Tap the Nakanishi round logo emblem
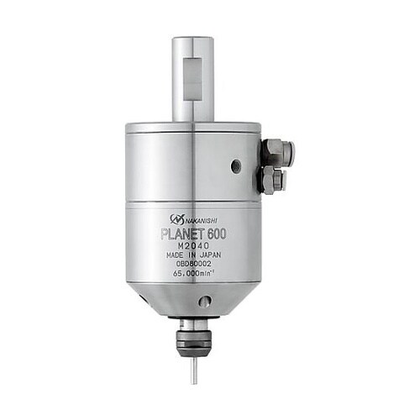click(x=177, y=218)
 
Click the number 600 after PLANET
click(x=217, y=234)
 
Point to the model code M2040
click(x=194, y=246)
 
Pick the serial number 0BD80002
click(x=194, y=264)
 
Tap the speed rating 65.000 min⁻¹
click(x=194, y=274)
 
